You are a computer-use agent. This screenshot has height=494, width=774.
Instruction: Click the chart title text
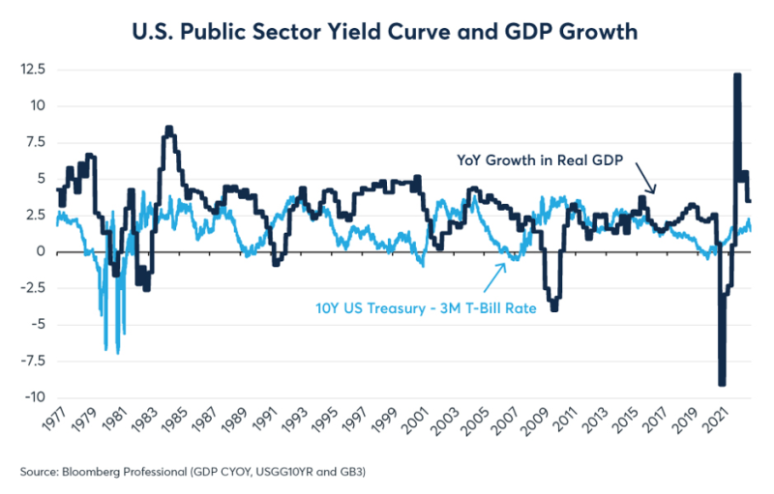click(x=386, y=31)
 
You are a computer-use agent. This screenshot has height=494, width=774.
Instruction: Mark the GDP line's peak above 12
click(x=737, y=75)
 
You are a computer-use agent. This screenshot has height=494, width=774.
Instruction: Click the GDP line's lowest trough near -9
click(x=722, y=384)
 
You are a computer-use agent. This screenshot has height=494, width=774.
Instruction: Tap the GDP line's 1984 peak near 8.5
click(x=169, y=128)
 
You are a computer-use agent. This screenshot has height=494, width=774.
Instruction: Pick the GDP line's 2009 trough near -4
click(x=553, y=308)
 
